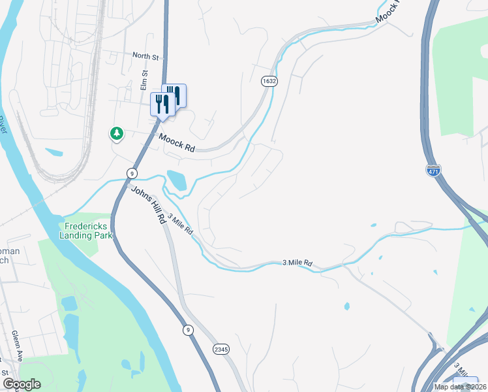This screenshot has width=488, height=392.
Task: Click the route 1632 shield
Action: (269, 81)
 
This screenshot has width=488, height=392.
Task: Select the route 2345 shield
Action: (221, 350)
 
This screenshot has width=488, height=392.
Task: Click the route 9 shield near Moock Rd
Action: (132, 172)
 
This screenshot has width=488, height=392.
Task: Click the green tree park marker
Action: (117, 133)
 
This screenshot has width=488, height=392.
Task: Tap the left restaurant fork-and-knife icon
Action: (162, 104)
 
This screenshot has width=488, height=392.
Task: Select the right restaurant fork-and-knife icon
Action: (174, 95)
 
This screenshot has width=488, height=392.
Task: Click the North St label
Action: (145, 57)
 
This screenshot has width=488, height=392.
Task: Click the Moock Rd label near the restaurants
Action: (177, 143)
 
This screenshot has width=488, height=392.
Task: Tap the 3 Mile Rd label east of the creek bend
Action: (297, 263)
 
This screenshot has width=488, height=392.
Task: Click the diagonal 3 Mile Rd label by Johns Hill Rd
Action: (181, 225)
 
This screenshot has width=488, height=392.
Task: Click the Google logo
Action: (22, 384)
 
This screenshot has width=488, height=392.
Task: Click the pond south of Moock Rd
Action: (176, 181)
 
